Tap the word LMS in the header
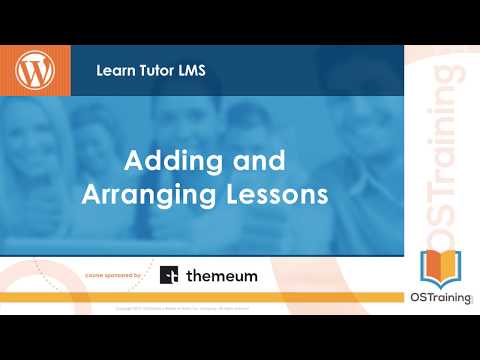(192, 71)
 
